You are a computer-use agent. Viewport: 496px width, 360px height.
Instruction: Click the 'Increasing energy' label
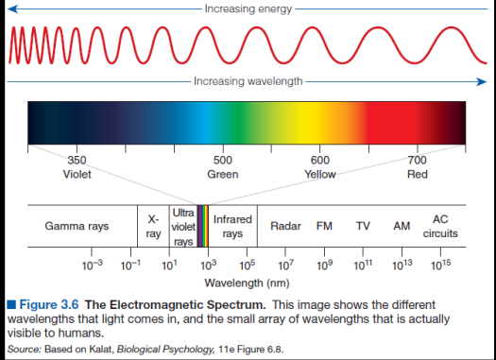[x=248, y=9]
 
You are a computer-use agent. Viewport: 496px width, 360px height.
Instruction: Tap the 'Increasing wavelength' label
[x=248, y=81]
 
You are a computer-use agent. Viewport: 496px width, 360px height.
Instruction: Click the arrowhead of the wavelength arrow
[x=482, y=82]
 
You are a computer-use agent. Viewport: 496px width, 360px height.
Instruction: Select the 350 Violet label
[x=77, y=167]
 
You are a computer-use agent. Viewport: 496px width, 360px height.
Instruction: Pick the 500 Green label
[x=223, y=167]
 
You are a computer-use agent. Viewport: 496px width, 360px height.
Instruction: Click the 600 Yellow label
[x=320, y=167]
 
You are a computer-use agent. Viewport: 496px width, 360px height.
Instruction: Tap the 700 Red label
[x=418, y=167]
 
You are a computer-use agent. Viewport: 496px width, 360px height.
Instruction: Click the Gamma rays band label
[x=77, y=226]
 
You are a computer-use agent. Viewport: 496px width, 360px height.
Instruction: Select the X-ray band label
[x=153, y=227]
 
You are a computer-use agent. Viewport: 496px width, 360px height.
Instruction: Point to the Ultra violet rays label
[x=183, y=227]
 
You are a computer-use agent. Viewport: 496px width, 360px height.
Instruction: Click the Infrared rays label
[x=232, y=226]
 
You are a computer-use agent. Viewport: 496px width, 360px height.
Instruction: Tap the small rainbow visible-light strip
[x=203, y=226]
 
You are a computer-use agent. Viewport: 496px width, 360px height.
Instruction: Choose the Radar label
[x=285, y=226]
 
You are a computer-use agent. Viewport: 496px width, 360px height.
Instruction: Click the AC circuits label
[x=440, y=226]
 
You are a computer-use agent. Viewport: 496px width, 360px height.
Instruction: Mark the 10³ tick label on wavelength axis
[x=209, y=266]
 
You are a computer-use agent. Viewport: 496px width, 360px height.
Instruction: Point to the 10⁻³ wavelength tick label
[x=92, y=266]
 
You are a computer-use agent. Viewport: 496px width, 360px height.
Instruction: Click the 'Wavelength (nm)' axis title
[x=247, y=283]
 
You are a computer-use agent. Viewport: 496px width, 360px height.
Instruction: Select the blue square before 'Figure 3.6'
[x=11, y=304]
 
